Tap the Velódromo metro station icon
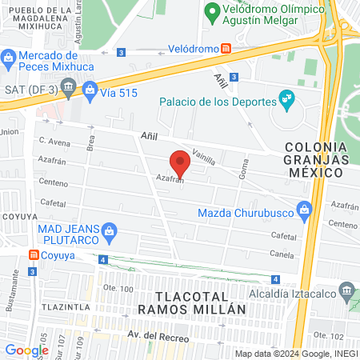(227, 48)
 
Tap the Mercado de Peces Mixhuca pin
(9, 58)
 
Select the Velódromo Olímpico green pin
(212, 12)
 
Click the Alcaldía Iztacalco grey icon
(346, 289)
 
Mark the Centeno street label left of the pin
(54, 182)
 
